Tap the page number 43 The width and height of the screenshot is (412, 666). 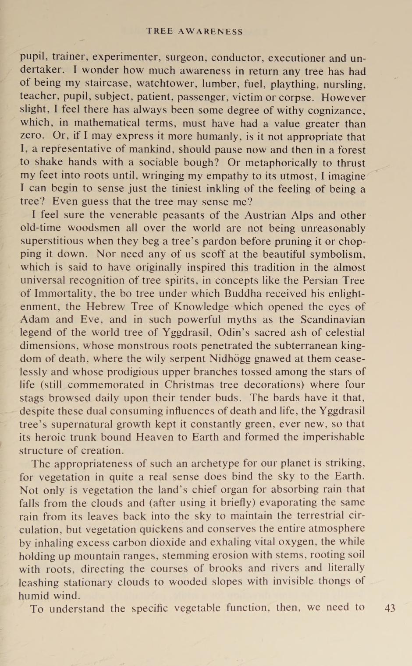[390, 608]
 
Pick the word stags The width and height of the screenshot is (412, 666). [32, 399]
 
